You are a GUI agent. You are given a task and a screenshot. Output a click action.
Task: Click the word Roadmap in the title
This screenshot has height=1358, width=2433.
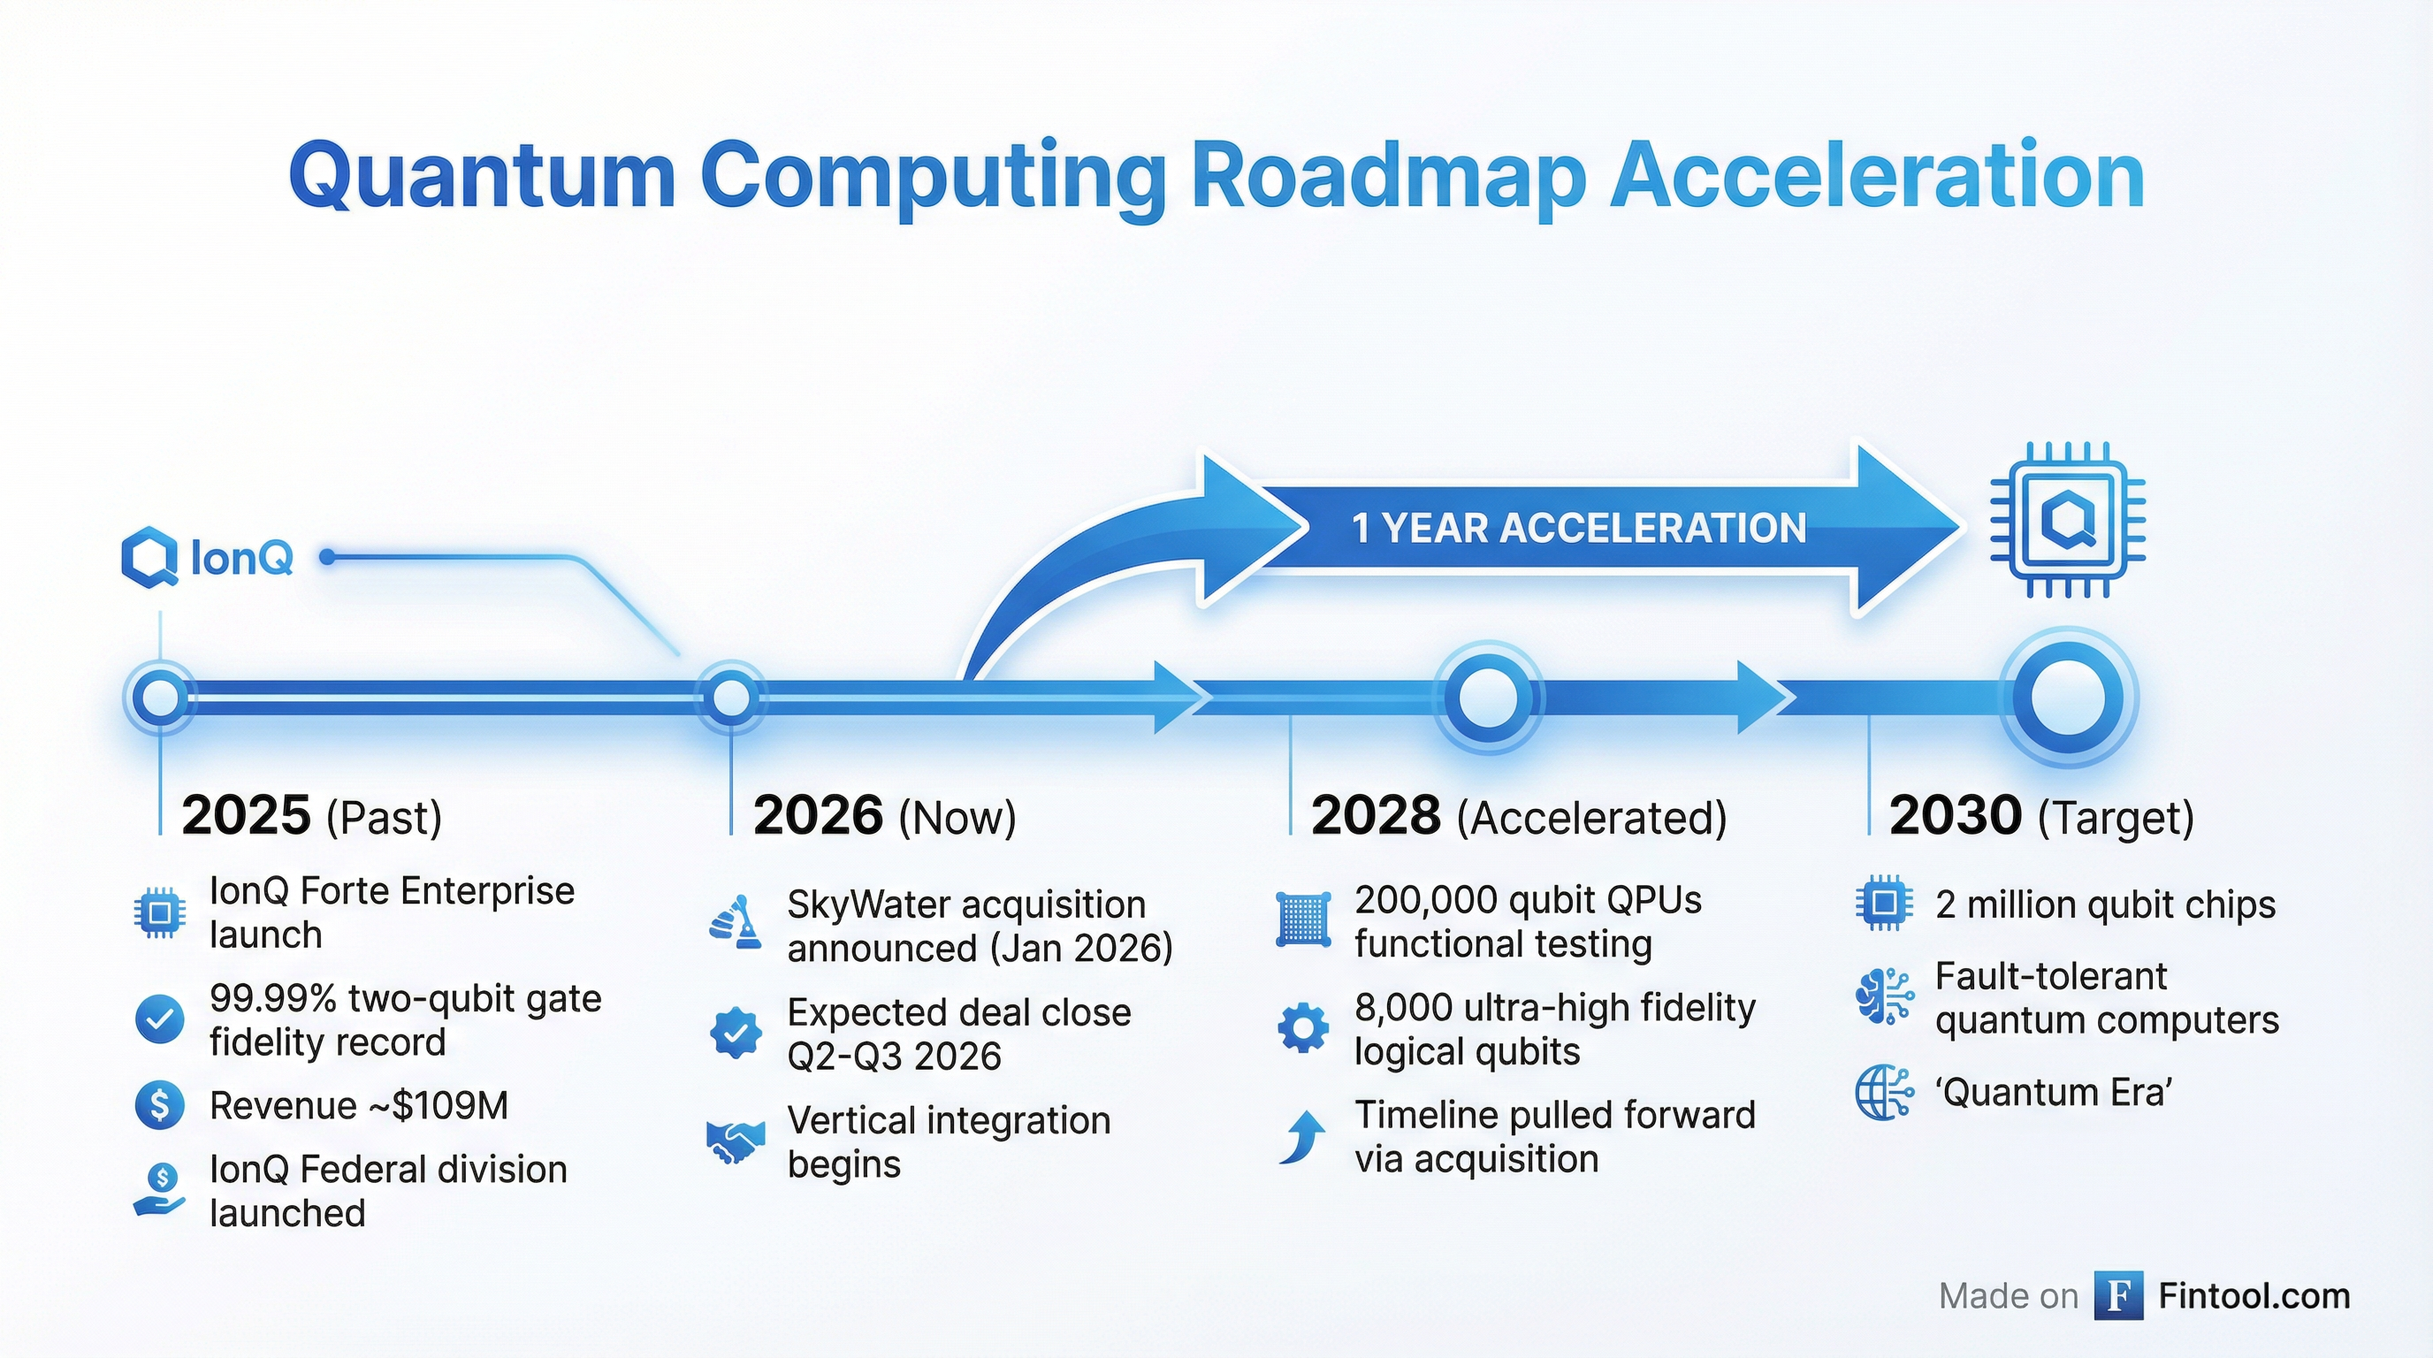[x=1387, y=177]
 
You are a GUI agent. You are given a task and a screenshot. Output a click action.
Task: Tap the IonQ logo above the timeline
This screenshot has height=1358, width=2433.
[x=207, y=557]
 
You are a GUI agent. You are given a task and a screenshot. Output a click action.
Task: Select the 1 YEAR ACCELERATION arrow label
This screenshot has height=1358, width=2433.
[x=1578, y=528]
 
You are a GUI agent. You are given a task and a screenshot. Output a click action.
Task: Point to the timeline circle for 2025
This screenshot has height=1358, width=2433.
[x=160, y=698]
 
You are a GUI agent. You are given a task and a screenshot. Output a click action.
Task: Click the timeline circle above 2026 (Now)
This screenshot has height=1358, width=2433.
[x=731, y=698]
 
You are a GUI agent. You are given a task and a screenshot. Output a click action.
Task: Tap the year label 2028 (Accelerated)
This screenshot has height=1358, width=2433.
[x=1518, y=816]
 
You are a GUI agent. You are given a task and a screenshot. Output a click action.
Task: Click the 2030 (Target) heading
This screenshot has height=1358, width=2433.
[x=2040, y=816]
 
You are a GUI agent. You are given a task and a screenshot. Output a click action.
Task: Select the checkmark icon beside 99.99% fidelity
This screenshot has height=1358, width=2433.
[x=160, y=1019]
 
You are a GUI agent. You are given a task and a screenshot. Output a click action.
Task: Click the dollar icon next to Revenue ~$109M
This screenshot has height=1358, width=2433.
[x=160, y=1104]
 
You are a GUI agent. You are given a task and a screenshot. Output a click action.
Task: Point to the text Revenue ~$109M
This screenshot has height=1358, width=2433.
[x=359, y=1105]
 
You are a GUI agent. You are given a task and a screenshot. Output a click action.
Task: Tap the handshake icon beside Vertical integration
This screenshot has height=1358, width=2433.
[x=735, y=1141]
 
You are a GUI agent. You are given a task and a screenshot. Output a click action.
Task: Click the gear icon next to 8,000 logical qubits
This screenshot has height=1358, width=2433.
[x=1302, y=1027]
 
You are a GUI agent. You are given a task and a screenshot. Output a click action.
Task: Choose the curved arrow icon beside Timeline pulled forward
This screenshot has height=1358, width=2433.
[x=1302, y=1136]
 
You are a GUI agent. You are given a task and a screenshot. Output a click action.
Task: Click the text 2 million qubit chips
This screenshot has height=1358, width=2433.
[x=2104, y=904]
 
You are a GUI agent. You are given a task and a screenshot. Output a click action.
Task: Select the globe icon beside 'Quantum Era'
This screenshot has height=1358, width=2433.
[x=1883, y=1093]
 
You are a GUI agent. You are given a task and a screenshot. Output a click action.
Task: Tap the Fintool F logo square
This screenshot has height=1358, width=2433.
[x=2117, y=1296]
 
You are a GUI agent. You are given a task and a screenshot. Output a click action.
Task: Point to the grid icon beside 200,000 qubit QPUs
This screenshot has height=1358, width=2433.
[x=1302, y=919]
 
